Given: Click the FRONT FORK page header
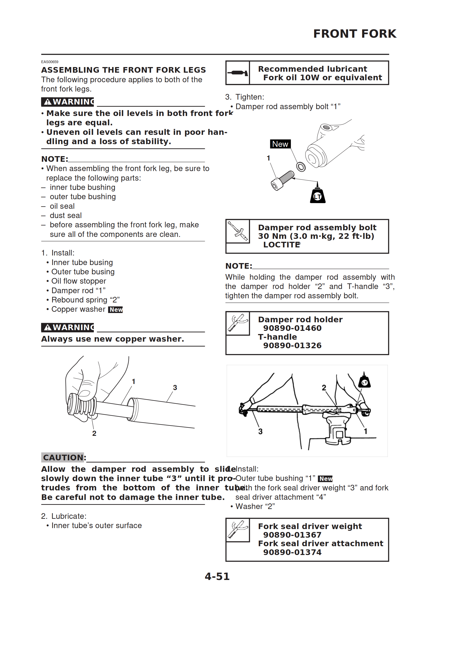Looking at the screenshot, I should (x=354, y=34).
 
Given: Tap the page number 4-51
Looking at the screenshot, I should (x=217, y=576).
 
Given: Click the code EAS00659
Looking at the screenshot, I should (x=50, y=62).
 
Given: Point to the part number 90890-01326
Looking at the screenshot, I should (x=292, y=346).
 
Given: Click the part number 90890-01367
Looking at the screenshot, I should (x=292, y=535).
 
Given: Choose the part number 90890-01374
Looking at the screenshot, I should (x=292, y=552).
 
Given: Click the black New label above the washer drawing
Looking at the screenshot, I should (x=280, y=144).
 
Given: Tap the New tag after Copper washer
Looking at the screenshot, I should (x=116, y=310).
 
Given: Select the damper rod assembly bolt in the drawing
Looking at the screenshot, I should (x=282, y=181).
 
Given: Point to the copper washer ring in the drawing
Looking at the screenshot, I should (x=301, y=166).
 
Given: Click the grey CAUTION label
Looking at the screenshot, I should (x=63, y=457).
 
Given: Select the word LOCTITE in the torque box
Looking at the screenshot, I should (x=281, y=245).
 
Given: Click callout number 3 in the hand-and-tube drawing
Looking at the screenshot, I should (x=175, y=388).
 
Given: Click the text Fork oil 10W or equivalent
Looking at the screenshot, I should (x=322, y=78).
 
